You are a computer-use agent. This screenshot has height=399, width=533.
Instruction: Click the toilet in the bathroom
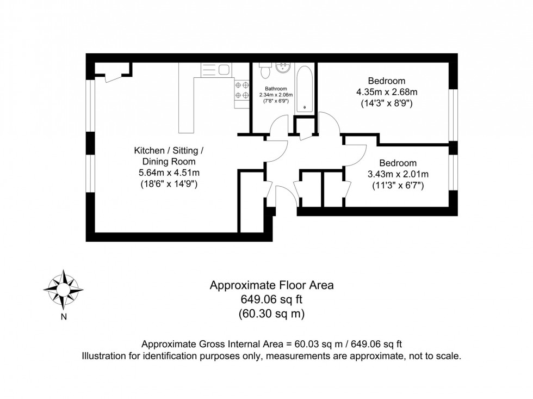(x=265, y=71)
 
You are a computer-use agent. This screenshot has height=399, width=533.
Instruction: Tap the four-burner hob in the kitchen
(x=242, y=91)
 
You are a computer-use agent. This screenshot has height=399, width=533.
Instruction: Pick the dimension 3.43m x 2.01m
(x=398, y=174)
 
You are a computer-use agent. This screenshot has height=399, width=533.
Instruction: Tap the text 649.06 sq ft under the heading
(x=271, y=299)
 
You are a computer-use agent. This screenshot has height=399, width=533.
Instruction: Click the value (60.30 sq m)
(x=271, y=314)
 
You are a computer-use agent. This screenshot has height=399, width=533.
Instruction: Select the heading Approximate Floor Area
(x=271, y=285)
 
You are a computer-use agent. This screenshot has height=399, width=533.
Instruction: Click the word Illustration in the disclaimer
(x=104, y=357)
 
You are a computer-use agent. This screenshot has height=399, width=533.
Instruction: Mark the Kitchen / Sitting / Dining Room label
(x=169, y=156)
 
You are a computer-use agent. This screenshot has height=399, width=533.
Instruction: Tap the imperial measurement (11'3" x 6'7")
(x=398, y=186)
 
